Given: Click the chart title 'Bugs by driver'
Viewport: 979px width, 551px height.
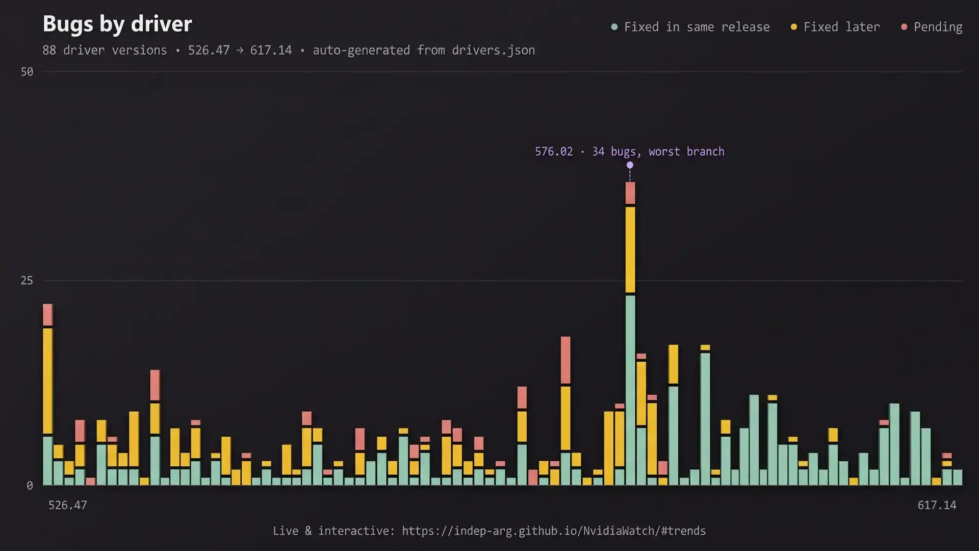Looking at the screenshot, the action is click(x=117, y=24).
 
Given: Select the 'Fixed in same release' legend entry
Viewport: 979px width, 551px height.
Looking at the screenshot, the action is click(x=690, y=27).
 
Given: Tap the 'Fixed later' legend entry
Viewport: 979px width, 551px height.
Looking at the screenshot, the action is click(x=835, y=27).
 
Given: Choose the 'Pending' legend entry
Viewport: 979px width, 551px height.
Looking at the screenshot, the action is click(x=932, y=27).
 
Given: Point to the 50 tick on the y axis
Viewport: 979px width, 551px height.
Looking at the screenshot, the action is click(x=27, y=72).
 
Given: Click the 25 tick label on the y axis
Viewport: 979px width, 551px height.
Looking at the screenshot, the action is click(x=27, y=281).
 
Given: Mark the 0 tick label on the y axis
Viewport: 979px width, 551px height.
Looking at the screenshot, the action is click(x=30, y=486).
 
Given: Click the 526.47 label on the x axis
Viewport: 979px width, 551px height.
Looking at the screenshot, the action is click(x=67, y=505).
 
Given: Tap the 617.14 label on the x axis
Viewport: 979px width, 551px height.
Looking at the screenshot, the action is click(x=937, y=505).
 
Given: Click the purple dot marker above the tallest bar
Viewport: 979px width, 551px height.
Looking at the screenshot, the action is click(x=630, y=165).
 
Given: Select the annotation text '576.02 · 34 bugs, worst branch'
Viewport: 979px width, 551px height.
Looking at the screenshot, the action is click(x=630, y=152).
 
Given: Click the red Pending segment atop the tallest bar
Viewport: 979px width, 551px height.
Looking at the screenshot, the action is click(x=630, y=193).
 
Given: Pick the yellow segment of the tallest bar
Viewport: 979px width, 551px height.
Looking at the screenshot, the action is click(x=630, y=249).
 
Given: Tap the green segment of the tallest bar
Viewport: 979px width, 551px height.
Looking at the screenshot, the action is click(x=630, y=390).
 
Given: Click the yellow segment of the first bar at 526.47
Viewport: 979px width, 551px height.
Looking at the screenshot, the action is click(x=48, y=381).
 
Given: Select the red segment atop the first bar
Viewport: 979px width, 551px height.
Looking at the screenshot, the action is click(x=48, y=315).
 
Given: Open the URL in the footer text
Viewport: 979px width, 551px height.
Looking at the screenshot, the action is click(x=554, y=531).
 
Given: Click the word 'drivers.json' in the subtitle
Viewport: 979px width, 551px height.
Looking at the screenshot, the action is click(x=493, y=51).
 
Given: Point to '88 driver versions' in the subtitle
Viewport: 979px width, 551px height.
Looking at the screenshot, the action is click(x=105, y=51).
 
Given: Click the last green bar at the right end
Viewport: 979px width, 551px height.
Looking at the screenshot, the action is click(x=958, y=477).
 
